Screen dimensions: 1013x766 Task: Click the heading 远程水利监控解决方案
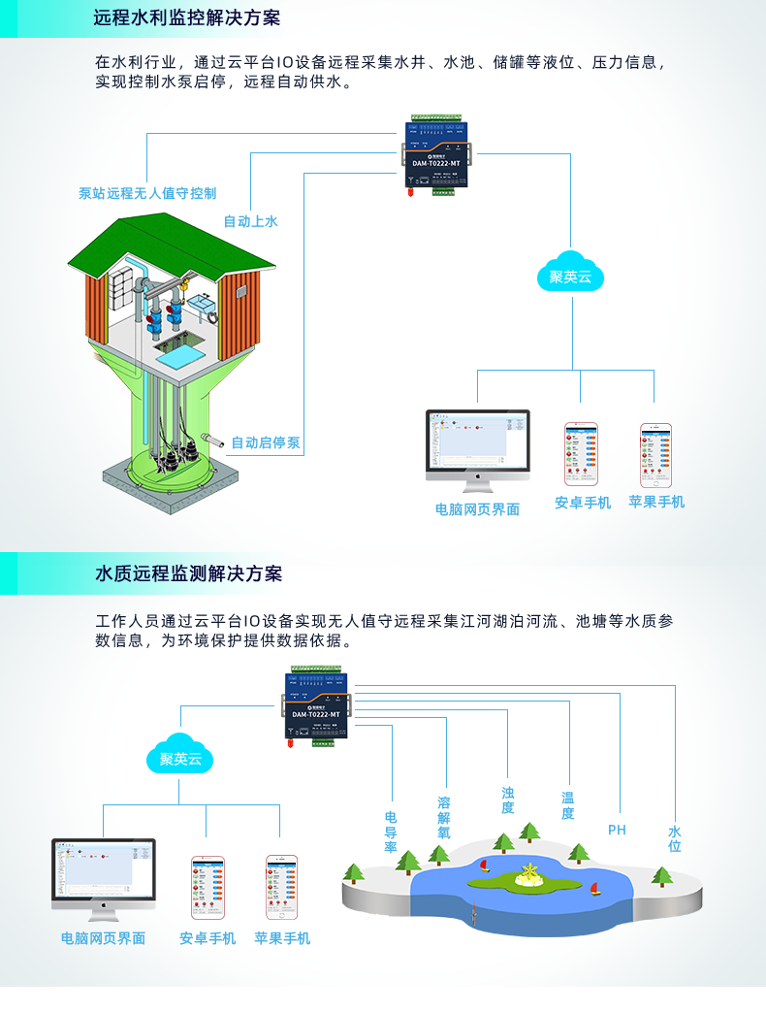pos(187,18)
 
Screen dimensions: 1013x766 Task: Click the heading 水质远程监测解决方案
pos(187,573)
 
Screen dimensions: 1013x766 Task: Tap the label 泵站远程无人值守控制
pos(147,193)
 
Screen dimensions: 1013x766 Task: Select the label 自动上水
pos(250,221)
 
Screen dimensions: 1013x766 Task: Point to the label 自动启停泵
pos(265,443)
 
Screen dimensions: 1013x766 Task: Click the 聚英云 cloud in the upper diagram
pos(570,276)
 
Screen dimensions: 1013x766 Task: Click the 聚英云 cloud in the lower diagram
pos(180,758)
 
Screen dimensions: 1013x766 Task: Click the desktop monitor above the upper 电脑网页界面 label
pos(478,441)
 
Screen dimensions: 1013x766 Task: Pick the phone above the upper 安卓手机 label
pos(582,453)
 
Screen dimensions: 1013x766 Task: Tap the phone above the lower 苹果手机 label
pos(282,885)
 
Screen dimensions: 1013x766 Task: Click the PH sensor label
pos(617,830)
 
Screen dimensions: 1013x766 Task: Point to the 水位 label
pos(675,838)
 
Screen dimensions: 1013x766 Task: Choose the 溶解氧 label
pos(444,818)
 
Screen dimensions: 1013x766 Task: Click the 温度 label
pos(568,805)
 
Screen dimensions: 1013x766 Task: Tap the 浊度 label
pos(507,801)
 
